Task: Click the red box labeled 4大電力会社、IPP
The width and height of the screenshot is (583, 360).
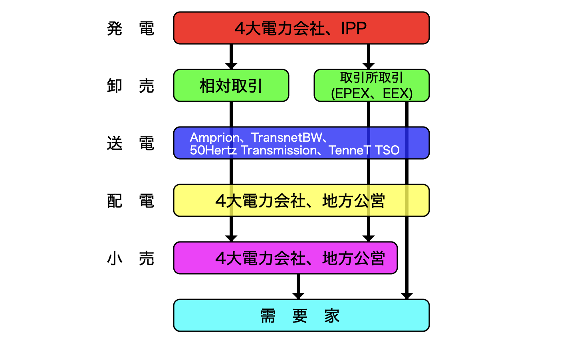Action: pyautogui.click(x=301, y=28)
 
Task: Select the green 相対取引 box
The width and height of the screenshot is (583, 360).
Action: pyautogui.click(x=231, y=86)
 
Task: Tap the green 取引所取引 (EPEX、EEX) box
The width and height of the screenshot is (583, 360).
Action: pyautogui.click(x=371, y=85)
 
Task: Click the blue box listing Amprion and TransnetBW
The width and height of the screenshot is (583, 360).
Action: pyautogui.click(x=301, y=143)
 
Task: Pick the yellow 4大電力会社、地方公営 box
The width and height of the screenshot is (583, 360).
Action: pyautogui.click(x=301, y=200)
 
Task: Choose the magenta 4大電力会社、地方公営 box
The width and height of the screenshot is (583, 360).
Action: pyautogui.click(x=285, y=258)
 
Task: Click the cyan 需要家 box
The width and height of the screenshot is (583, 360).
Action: pyautogui.click(x=301, y=315)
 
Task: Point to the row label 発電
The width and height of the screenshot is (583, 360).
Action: pyautogui.click(x=131, y=29)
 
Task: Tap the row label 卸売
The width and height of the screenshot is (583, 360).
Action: pyautogui.click(x=131, y=86)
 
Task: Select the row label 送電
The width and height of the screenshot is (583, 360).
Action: pyautogui.click(x=131, y=143)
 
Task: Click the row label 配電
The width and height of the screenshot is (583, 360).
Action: pyautogui.click(x=131, y=201)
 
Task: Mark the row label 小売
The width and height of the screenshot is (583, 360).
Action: pyautogui.click(x=131, y=258)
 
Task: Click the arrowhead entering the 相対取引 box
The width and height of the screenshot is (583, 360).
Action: pyautogui.click(x=231, y=66)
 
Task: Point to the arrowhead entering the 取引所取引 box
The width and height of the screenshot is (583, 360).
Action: pyautogui.click(x=369, y=66)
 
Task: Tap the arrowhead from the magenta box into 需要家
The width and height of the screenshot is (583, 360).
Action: pyautogui.click(x=298, y=296)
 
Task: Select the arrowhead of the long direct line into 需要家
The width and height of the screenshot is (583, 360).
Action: pyautogui.click(x=407, y=296)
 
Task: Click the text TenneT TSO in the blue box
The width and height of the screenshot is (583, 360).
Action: pyautogui.click(x=364, y=150)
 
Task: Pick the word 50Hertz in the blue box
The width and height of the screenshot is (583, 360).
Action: pyautogui.click(x=213, y=150)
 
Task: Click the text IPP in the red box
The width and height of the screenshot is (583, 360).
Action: pyautogui.click(x=354, y=28)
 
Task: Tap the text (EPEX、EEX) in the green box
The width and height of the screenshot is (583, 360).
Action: pyautogui.click(x=371, y=93)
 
